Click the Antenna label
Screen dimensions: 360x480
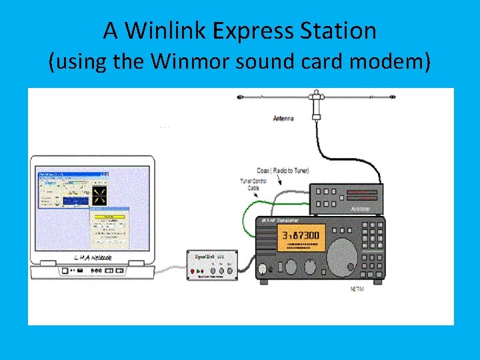point(283,119)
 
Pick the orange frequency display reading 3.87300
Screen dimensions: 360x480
point(300,235)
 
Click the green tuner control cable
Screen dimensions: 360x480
point(249,213)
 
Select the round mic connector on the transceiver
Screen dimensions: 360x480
point(263,269)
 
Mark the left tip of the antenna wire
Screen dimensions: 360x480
point(239,97)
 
